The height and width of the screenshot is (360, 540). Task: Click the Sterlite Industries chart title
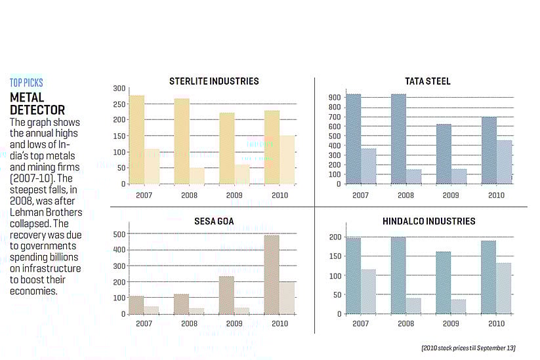point(214,81)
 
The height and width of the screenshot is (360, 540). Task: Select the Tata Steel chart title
point(428,81)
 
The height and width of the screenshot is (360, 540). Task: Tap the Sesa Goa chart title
point(214,222)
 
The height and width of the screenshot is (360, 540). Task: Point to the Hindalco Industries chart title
point(428,222)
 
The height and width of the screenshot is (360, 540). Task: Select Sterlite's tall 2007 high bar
point(136,140)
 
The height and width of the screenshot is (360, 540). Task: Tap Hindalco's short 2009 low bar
point(459,306)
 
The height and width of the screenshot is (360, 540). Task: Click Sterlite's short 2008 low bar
point(196,176)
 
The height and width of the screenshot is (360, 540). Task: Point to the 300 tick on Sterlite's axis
point(119,89)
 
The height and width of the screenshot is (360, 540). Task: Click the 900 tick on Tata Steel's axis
point(335,98)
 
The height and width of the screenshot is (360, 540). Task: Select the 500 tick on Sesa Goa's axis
point(119,234)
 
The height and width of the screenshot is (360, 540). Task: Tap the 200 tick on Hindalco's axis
point(335,237)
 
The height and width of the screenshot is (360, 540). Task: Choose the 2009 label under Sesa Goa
point(234,324)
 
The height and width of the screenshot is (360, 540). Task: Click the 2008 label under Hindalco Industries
point(405,324)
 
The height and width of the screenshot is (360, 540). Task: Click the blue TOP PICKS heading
point(26,83)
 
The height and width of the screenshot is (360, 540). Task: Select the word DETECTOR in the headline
point(37,110)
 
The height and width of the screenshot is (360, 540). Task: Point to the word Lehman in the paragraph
point(26,212)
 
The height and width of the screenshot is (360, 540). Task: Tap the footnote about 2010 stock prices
point(468,347)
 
